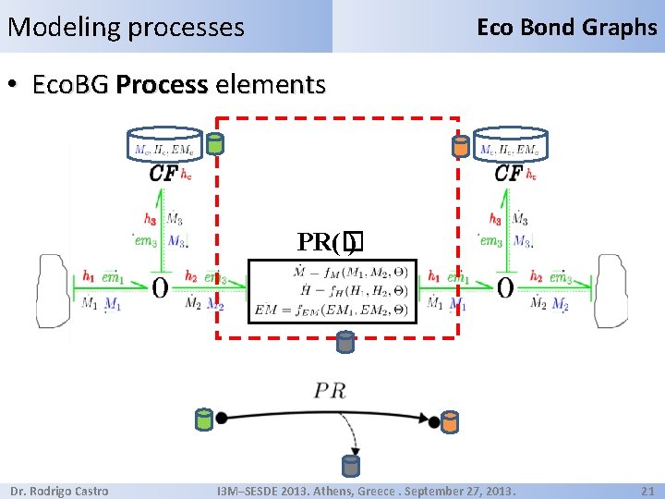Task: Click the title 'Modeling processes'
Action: (126, 27)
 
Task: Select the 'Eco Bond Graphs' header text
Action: (566, 27)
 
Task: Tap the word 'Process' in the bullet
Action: (163, 86)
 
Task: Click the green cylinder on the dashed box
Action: (214, 143)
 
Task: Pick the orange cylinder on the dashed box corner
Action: (459, 145)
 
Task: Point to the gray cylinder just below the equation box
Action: (345, 343)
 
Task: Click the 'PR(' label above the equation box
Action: (319, 242)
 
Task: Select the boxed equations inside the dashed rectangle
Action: (332, 290)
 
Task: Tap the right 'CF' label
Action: (508, 173)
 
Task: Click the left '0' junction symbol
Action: (160, 288)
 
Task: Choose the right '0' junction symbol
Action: (505, 288)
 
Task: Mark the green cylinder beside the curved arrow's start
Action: (202, 420)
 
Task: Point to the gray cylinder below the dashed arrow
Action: (350, 465)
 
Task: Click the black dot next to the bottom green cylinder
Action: (221, 419)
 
